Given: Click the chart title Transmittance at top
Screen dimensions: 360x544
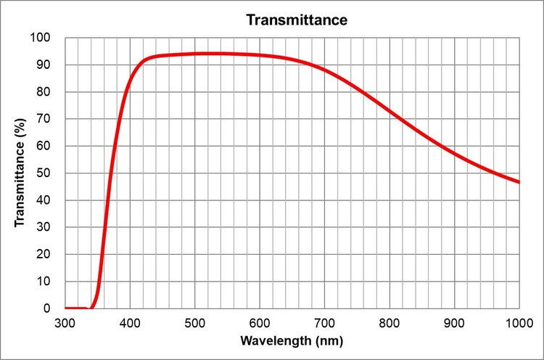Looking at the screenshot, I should (x=297, y=20).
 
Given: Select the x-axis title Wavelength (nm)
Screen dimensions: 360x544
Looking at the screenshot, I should (x=292, y=340).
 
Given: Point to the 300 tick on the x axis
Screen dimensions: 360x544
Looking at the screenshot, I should (x=65, y=321).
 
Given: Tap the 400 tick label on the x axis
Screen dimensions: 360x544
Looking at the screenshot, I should (x=130, y=321).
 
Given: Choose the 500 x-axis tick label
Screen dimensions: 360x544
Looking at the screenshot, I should (x=195, y=321).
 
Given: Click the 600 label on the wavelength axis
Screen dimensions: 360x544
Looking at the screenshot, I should (x=260, y=321).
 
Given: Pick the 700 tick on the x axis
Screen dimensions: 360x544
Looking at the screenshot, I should (x=324, y=321).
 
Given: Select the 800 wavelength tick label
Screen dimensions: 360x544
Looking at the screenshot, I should (x=390, y=321).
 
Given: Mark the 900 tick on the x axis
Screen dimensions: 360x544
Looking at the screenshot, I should (x=454, y=321).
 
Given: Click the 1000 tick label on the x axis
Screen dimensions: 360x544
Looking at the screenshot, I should (x=518, y=321).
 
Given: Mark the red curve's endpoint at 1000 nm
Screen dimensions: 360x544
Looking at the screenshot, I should (x=519, y=181).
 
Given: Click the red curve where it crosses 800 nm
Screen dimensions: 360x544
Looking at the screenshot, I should (x=390, y=112).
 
